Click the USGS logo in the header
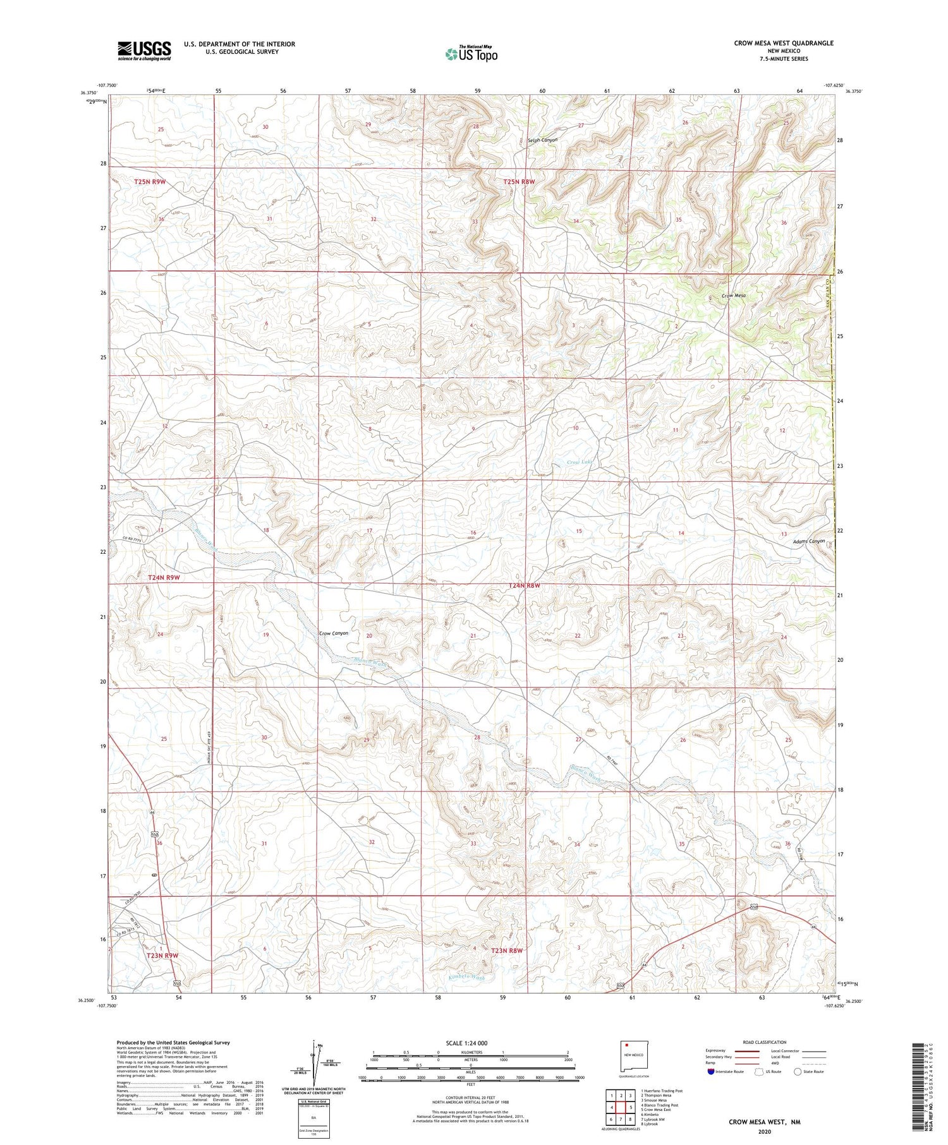pyautogui.click(x=144, y=51)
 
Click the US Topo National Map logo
pyautogui.click(x=471, y=54)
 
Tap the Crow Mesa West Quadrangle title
pyautogui.click(x=783, y=43)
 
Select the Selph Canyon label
pyautogui.click(x=542, y=140)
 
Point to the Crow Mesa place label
pyautogui.click(x=734, y=296)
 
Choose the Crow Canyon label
pyautogui.click(x=333, y=633)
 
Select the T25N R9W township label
pyautogui.click(x=150, y=182)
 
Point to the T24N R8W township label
pyautogui.click(x=525, y=585)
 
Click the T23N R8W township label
pyautogui.click(x=507, y=950)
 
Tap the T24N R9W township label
pyautogui.click(x=164, y=577)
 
